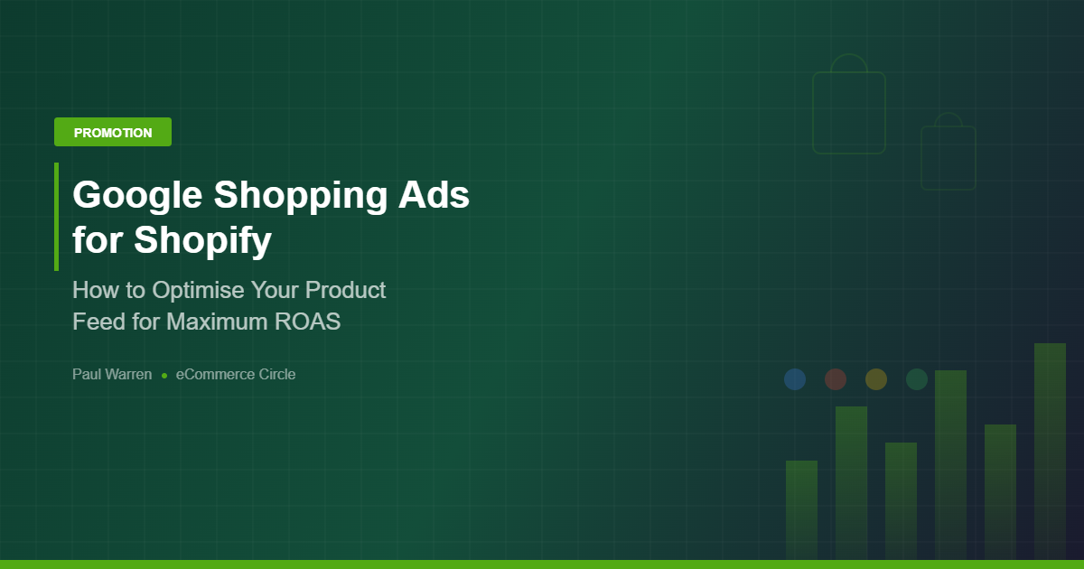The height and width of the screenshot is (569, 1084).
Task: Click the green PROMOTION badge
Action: (x=113, y=132)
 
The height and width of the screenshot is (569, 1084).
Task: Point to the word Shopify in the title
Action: (x=202, y=241)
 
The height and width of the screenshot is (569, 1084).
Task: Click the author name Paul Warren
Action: (x=112, y=374)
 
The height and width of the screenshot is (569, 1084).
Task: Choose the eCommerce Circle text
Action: (x=236, y=374)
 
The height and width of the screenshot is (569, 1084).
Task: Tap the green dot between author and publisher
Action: (x=164, y=375)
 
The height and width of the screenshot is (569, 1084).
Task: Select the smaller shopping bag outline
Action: (x=948, y=156)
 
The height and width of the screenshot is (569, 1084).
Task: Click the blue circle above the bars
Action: (x=795, y=379)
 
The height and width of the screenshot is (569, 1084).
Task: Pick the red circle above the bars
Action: (x=836, y=379)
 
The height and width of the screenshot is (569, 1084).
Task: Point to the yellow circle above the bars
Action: (x=876, y=379)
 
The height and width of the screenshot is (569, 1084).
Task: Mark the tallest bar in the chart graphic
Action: (x=1050, y=452)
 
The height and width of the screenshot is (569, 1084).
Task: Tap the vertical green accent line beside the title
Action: (x=56, y=217)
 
